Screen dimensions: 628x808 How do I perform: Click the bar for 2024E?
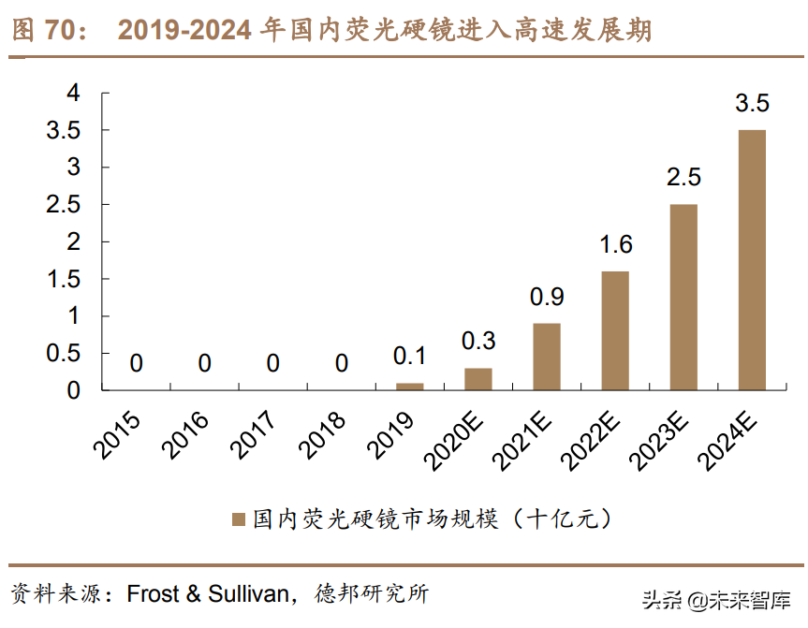pyautogui.click(x=752, y=259)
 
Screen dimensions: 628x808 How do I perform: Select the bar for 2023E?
pyautogui.click(x=683, y=297)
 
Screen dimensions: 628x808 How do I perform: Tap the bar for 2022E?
pyautogui.click(x=615, y=330)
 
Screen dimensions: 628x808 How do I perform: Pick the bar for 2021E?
pyautogui.click(x=547, y=357)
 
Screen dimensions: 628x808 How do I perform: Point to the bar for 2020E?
pyautogui.click(x=478, y=379)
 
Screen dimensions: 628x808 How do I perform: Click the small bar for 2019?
pyautogui.click(x=410, y=386)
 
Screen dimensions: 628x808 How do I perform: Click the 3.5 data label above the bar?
pyautogui.click(x=752, y=103)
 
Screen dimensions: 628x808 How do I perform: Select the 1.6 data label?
pyautogui.click(x=615, y=245)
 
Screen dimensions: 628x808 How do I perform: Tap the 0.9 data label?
pyautogui.click(x=547, y=298)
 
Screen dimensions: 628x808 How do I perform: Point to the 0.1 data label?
pyautogui.click(x=410, y=357)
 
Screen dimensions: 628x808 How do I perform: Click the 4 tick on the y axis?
pyautogui.click(x=74, y=93)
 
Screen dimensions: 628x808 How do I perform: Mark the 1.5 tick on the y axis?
pyautogui.click(x=65, y=279)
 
